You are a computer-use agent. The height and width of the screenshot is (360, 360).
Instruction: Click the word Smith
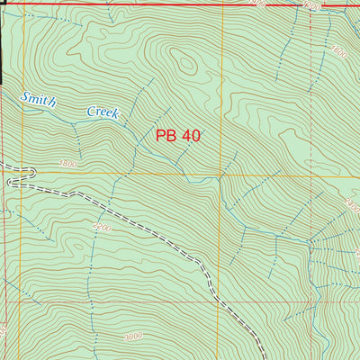(39, 100)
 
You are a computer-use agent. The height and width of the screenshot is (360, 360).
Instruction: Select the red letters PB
(166, 136)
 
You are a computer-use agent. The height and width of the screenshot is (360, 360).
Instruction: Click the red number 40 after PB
(190, 136)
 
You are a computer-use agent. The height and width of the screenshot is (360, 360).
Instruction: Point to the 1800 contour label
(67, 165)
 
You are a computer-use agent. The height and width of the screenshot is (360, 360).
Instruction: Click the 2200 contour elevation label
(101, 229)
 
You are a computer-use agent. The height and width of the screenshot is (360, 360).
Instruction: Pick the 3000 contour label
(133, 336)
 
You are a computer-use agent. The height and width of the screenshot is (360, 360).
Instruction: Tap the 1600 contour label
(338, 51)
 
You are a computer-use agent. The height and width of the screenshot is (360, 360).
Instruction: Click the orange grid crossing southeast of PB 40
(221, 173)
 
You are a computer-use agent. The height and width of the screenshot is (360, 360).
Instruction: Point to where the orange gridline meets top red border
(221, 4)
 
